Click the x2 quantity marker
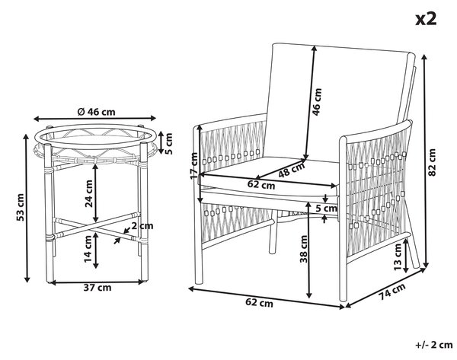click(x=426, y=19)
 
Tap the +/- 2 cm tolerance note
click(x=434, y=345)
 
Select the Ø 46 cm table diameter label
click(x=96, y=112)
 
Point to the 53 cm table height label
click(x=21, y=207)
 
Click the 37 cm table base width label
click(x=97, y=288)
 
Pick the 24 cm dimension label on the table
click(x=88, y=193)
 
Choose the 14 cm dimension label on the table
click(x=88, y=248)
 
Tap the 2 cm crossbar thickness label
click(x=142, y=225)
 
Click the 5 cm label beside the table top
click(x=168, y=143)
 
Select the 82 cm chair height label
click(x=432, y=162)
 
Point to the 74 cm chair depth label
click(x=392, y=292)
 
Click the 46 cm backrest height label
click(x=317, y=102)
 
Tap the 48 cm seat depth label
click(x=292, y=170)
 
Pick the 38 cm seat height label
click(x=304, y=249)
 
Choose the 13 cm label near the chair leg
click(x=398, y=257)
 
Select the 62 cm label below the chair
click(x=259, y=303)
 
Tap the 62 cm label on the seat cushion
click(x=261, y=184)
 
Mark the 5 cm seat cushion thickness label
click(x=327, y=209)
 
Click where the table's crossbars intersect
click(x=94, y=226)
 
